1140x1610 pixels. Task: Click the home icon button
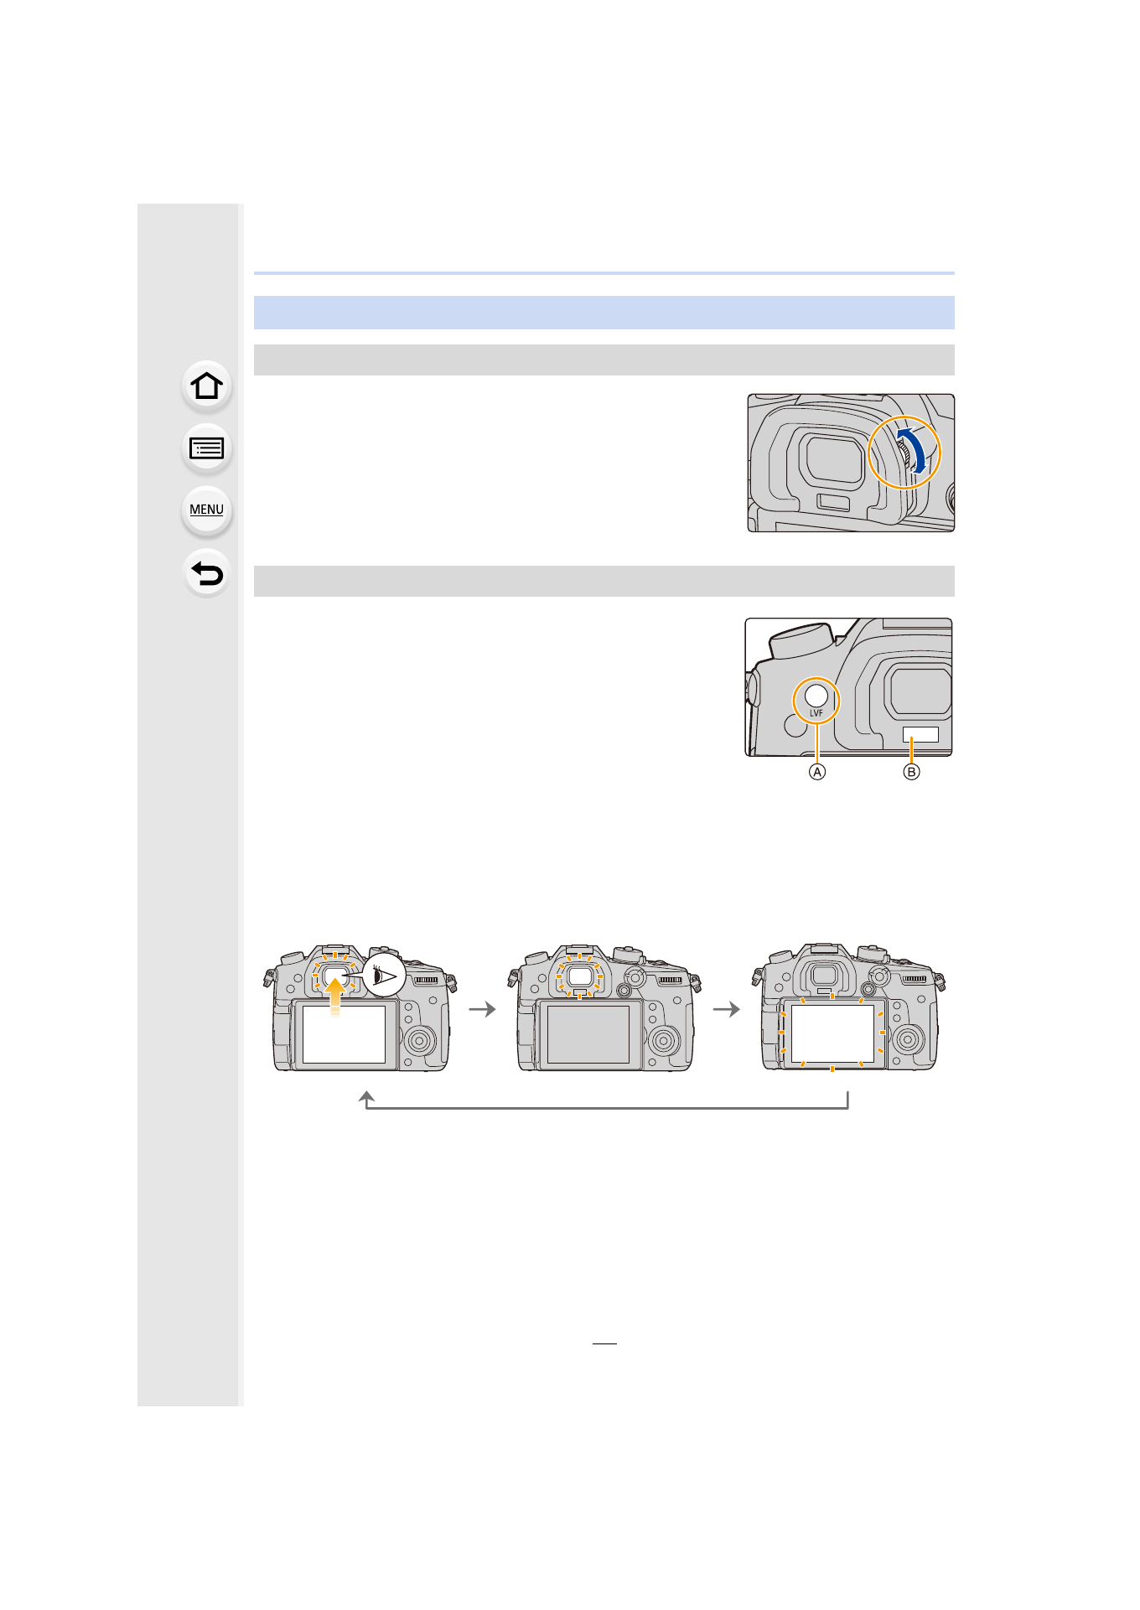pyautogui.click(x=206, y=386)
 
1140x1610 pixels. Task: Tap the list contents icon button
pyautogui.click(x=206, y=449)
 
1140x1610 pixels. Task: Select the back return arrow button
pyautogui.click(x=206, y=573)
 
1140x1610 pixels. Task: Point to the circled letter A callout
pyautogui.click(x=817, y=772)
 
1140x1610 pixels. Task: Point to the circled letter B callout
pyautogui.click(x=911, y=772)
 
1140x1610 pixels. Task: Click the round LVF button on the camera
pyautogui.click(x=816, y=695)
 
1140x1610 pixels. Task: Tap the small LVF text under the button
pyautogui.click(x=816, y=713)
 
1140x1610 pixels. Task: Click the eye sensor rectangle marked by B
pyautogui.click(x=920, y=735)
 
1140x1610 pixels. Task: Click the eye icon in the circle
pyautogui.click(x=384, y=975)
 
